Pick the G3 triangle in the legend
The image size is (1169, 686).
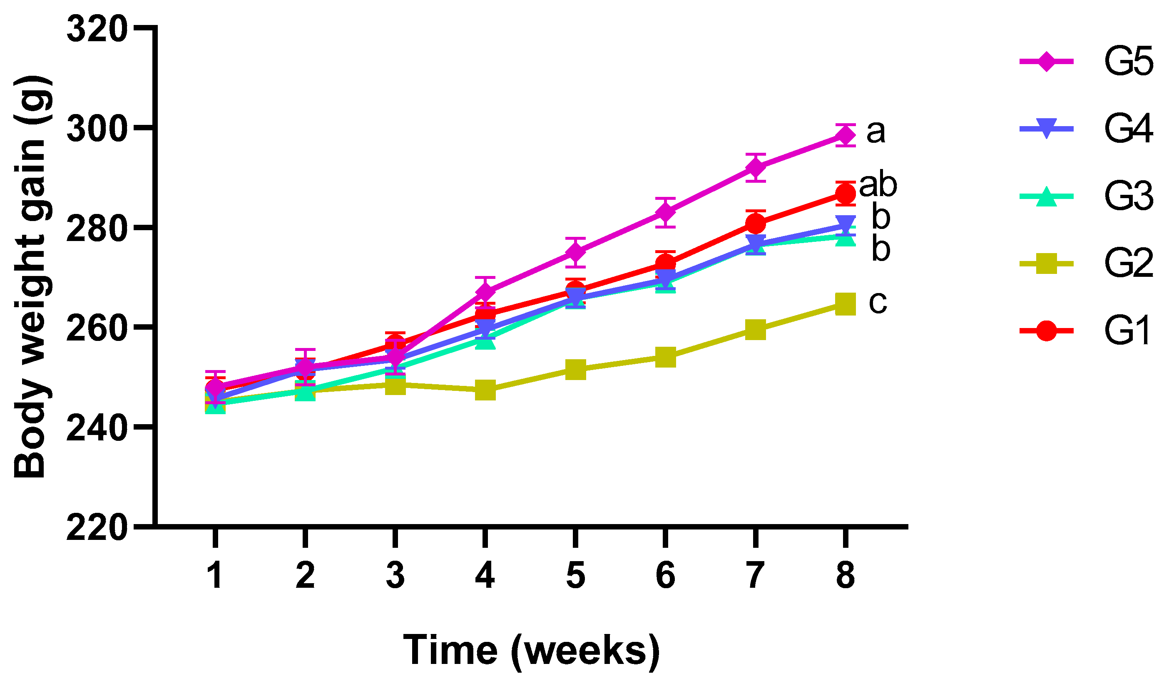pos(1047,196)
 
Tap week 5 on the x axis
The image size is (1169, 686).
pos(575,575)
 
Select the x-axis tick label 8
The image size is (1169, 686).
pos(845,575)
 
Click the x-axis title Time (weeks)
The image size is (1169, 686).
pos(531,651)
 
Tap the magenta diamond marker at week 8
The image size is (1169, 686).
pos(845,135)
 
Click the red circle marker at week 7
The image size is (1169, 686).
pos(755,224)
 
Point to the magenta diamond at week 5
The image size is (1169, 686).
pos(575,252)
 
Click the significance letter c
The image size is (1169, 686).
pos(878,303)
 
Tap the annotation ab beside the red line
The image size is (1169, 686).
pos(878,185)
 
